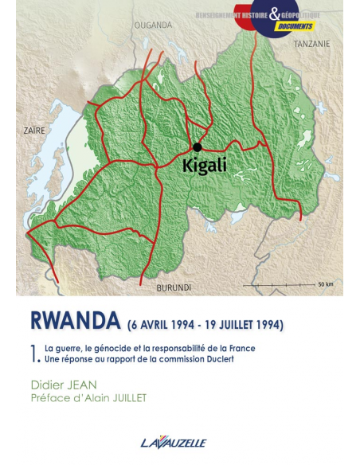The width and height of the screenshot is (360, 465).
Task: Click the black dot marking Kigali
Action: click(197, 147)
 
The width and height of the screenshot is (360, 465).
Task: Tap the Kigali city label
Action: click(205, 166)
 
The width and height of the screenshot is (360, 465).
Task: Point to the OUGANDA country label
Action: click(152, 25)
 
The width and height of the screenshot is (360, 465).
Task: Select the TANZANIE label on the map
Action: click(311, 44)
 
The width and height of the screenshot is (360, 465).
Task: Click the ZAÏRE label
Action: click(34, 129)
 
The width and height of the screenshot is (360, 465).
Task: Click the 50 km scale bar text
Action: click(325, 284)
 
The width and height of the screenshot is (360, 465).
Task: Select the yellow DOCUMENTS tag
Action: click(296, 25)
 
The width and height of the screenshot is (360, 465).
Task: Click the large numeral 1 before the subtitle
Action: click(34, 353)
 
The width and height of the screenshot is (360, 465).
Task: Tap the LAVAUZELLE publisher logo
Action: click(179, 442)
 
